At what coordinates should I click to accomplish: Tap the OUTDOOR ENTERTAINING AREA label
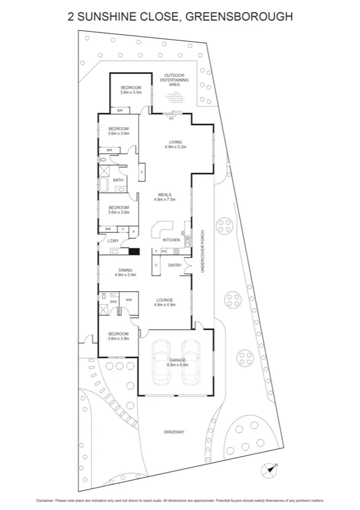click(174, 80)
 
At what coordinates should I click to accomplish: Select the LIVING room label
click(175, 142)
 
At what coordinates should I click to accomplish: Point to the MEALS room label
click(165, 194)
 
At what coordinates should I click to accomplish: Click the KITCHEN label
click(171, 240)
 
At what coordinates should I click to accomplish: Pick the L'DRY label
click(113, 241)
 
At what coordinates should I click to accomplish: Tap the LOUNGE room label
click(165, 300)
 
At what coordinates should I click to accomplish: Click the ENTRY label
click(174, 265)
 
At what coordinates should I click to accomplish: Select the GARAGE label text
click(177, 360)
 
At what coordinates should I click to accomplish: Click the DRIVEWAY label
click(175, 432)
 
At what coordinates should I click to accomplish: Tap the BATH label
click(118, 180)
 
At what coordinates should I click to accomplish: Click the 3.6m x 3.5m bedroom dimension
click(130, 93)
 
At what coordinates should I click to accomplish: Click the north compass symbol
click(268, 469)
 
